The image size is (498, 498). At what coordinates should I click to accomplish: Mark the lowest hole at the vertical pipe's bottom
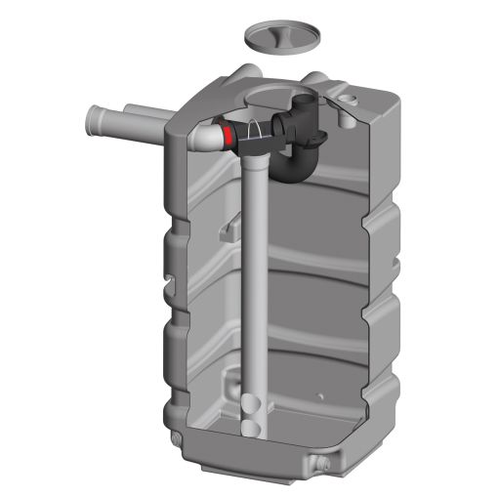pyautogui.click(x=252, y=426)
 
